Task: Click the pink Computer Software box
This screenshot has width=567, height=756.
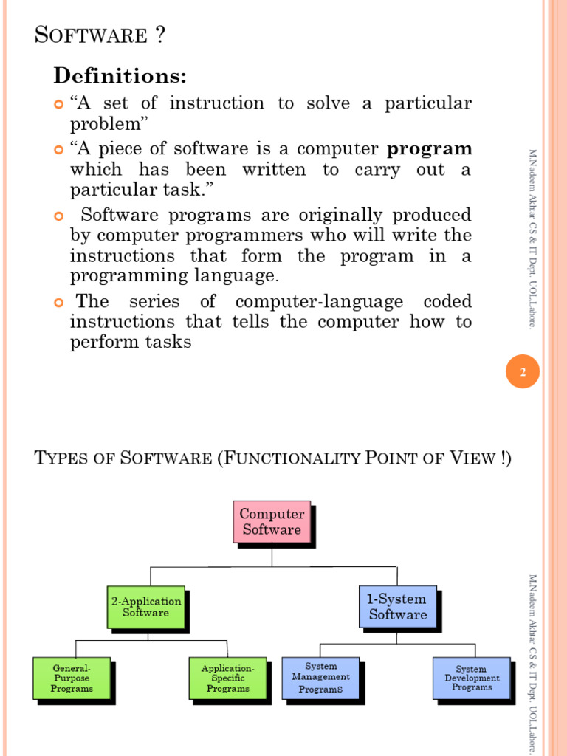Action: pyautogui.click(x=272, y=522)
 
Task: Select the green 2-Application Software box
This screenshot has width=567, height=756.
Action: pyautogui.click(x=145, y=607)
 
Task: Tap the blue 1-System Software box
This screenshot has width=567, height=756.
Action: pyautogui.click(x=397, y=607)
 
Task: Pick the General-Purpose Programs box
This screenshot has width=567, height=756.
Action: pyautogui.click(x=72, y=678)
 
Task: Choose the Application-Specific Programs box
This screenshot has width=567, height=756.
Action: pyautogui.click(x=227, y=678)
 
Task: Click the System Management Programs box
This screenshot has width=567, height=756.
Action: pyautogui.click(x=320, y=678)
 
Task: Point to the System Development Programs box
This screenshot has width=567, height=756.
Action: pyautogui.click(x=471, y=678)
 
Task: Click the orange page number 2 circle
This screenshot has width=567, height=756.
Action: pyautogui.click(x=523, y=373)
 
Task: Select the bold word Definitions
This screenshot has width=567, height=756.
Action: pyautogui.click(x=119, y=75)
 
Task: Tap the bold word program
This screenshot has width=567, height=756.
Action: pyautogui.click(x=430, y=149)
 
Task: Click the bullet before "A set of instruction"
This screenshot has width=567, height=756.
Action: pyautogui.click(x=59, y=104)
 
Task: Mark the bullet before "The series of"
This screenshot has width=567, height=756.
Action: pyautogui.click(x=59, y=303)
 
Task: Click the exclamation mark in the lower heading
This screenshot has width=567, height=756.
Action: pyautogui.click(x=503, y=458)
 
